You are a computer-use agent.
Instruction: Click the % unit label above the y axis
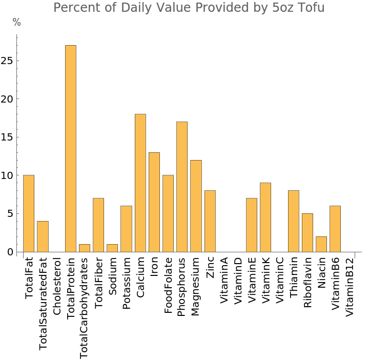click(17, 23)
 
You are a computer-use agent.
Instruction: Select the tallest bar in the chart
click(71, 149)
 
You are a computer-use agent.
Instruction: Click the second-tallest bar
click(140, 183)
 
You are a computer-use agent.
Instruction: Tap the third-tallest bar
click(182, 187)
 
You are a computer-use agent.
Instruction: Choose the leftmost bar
click(29, 213)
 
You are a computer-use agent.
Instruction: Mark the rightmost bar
click(335, 229)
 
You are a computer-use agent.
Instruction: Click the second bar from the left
click(43, 236)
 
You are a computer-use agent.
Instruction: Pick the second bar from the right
click(321, 244)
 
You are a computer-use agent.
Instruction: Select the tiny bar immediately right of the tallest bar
click(85, 248)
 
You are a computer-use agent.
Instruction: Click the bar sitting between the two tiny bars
click(98, 225)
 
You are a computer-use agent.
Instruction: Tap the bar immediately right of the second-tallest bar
click(154, 202)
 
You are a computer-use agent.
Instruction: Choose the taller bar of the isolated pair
click(265, 217)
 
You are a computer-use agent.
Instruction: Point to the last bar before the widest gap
click(210, 221)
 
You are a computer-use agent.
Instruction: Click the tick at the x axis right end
click(355, 255)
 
